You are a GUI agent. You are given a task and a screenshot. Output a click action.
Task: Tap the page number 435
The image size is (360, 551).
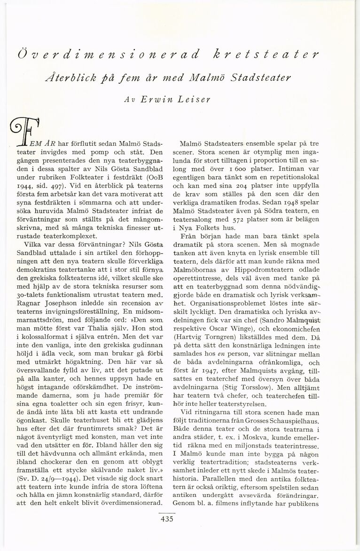(167, 519)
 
